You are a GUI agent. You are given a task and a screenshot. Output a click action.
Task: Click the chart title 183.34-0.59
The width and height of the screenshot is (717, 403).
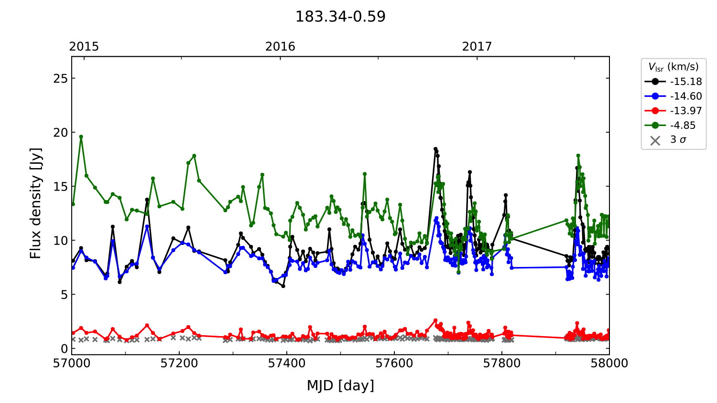point(340,17)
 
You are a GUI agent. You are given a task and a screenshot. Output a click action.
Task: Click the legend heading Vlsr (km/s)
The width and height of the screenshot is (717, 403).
point(673,67)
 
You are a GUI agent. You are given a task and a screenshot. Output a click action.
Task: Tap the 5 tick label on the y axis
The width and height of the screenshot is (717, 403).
point(63,295)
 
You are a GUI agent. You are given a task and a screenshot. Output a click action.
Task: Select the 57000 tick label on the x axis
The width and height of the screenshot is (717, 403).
point(72,363)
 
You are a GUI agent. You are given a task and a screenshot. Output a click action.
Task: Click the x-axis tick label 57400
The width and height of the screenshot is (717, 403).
point(287,363)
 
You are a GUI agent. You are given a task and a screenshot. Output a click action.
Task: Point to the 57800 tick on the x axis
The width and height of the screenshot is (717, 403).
point(502,363)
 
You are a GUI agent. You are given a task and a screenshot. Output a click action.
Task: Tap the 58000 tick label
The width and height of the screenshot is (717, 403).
point(609,363)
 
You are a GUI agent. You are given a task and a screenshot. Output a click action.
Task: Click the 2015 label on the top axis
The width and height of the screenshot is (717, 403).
point(84,46)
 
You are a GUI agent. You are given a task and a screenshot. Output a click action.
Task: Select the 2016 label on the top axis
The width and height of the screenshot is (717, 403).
point(280,46)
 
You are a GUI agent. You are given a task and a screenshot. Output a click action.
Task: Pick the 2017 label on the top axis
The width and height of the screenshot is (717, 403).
point(477,46)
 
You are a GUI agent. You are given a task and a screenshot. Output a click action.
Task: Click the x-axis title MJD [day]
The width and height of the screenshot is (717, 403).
point(340,385)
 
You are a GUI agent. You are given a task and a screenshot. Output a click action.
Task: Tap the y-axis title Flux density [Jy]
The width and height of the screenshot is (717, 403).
point(36,203)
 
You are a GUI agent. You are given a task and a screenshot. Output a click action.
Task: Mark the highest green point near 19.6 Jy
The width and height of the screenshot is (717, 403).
point(81,137)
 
